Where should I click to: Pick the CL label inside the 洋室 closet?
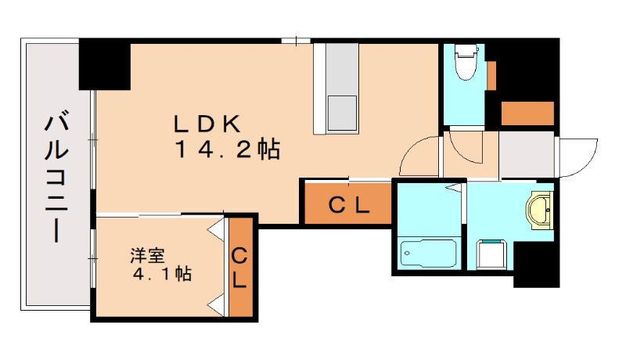click(240, 267)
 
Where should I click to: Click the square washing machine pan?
click(492, 254)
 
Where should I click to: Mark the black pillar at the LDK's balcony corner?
click(104, 65)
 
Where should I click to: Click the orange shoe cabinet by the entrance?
click(527, 113)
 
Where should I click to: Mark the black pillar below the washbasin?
click(535, 264)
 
